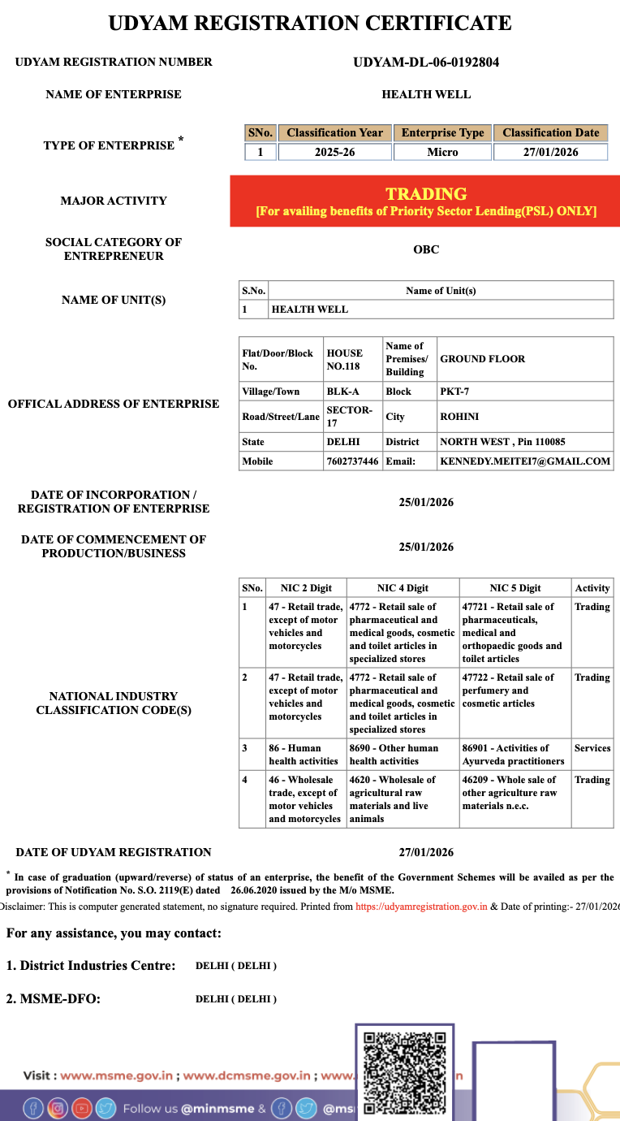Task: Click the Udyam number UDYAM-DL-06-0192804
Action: [426, 62]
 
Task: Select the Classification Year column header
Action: [334, 132]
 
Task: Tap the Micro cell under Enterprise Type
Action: [442, 152]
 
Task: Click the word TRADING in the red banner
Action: [426, 194]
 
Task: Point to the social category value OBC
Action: [426, 249]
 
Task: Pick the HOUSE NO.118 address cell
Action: [344, 359]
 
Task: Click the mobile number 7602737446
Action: [351, 461]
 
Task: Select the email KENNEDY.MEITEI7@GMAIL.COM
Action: [524, 461]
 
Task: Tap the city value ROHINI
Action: [459, 417]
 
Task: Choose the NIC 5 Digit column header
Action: [515, 588]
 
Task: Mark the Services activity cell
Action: [592, 748]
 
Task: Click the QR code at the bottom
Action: [404, 1072]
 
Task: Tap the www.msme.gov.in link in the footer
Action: [117, 1076]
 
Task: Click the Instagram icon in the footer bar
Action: [57, 1108]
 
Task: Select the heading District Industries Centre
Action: [91, 966]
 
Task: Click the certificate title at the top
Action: [310, 23]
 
